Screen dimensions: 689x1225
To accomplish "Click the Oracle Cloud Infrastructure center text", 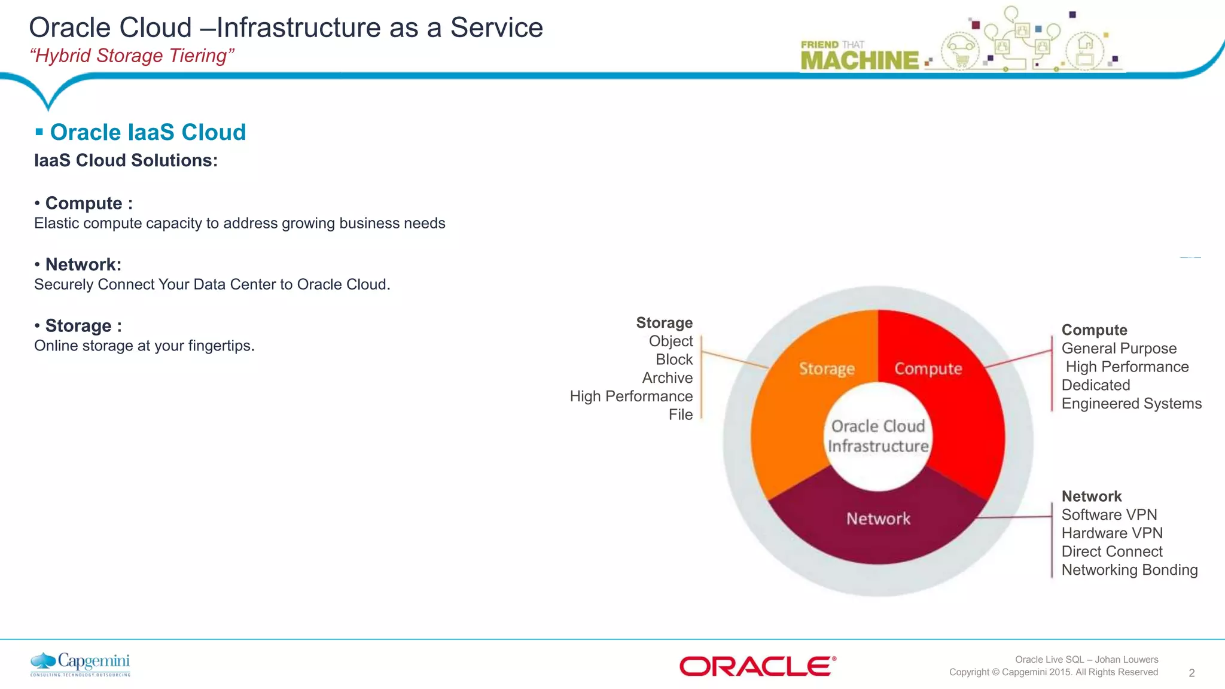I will coord(878,436).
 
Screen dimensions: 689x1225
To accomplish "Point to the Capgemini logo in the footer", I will coord(80,664).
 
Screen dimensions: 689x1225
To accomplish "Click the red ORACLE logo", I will coord(757,666).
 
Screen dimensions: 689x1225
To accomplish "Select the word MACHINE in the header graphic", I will coord(860,60).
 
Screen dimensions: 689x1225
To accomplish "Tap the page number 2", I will coord(1192,673).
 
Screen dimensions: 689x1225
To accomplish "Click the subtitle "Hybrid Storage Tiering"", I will coord(132,56).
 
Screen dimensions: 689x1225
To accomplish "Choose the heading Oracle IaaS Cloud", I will coord(148,132).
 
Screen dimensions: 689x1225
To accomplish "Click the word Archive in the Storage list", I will coord(667,378).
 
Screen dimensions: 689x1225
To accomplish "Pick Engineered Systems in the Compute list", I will coord(1131,404).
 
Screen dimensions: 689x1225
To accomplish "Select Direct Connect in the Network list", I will coord(1111,551).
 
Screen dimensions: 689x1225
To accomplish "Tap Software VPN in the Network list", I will coord(1109,515).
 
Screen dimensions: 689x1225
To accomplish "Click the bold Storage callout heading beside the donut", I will coord(664,323).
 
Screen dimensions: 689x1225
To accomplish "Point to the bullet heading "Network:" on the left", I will coord(83,264).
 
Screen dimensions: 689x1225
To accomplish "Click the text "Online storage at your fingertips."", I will coord(144,346).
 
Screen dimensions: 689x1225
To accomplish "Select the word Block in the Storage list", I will coord(674,359).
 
